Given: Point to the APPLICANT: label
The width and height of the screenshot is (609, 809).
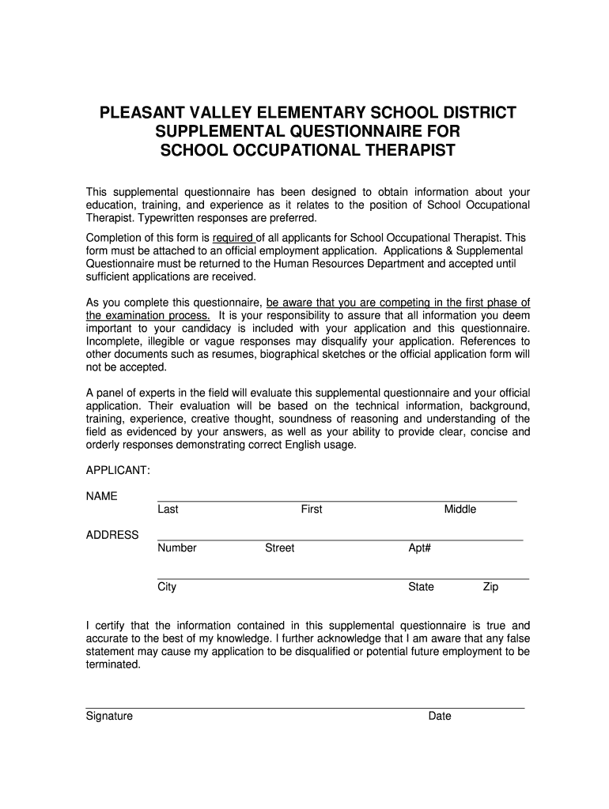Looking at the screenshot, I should tap(118, 470).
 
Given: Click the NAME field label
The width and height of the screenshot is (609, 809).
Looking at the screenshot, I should tap(101, 496).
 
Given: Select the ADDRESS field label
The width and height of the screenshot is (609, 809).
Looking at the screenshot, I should tap(112, 535).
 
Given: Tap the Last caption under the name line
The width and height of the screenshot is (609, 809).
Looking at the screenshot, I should tap(168, 510).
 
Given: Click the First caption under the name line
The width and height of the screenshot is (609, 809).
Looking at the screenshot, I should tap(312, 510).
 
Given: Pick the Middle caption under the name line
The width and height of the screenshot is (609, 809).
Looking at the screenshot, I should tap(460, 510).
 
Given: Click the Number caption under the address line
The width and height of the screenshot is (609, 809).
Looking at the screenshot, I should tap(177, 548).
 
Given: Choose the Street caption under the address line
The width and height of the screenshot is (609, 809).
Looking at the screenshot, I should tap(280, 548).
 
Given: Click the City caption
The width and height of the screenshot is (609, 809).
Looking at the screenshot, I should tap(167, 587).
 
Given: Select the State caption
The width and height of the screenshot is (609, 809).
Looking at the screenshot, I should tap(421, 587).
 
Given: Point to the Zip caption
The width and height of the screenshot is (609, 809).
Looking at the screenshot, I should tap(491, 587).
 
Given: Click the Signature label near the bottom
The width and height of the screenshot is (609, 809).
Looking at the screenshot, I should tap(109, 717).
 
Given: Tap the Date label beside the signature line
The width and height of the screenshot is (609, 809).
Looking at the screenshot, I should tap(440, 717).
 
